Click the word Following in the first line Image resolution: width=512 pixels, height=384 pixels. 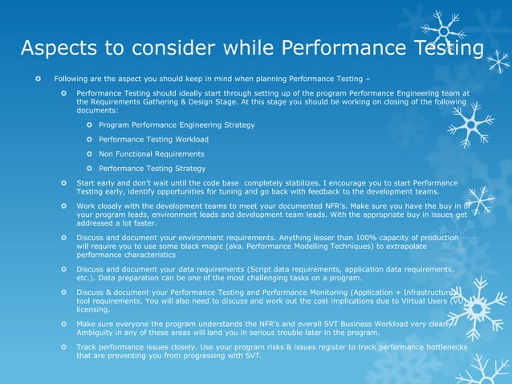tap(71, 79)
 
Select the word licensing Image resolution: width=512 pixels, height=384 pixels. tap(93, 309)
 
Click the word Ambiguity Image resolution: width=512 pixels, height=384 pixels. tap(97, 332)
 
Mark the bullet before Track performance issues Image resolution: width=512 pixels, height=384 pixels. tap(64, 345)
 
